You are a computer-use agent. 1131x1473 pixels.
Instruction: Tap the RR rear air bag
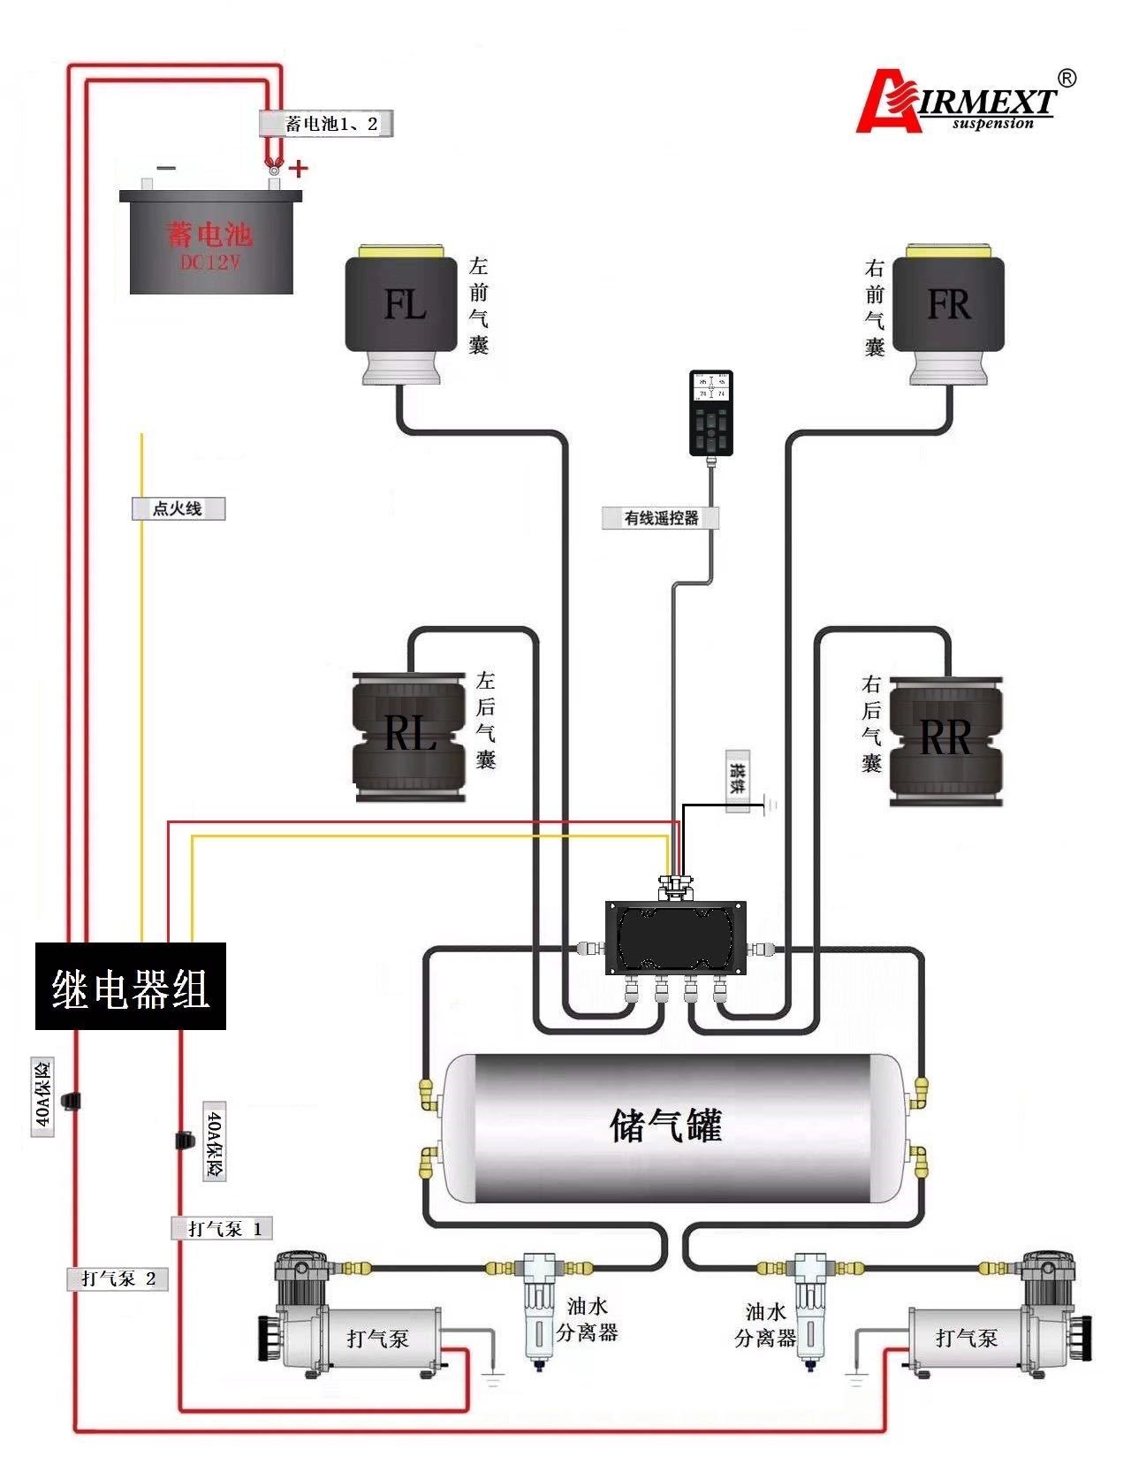point(945,739)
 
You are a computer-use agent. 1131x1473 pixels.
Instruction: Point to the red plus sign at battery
point(300,168)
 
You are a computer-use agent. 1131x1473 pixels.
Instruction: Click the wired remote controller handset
point(710,413)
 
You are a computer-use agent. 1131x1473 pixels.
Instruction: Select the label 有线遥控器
point(660,518)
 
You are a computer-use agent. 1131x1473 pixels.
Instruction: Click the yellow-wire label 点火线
point(178,508)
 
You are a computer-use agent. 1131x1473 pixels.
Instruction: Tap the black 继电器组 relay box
point(131,986)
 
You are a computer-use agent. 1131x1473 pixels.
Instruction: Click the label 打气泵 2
point(118,1278)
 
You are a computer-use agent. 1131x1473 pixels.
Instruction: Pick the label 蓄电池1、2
point(326,124)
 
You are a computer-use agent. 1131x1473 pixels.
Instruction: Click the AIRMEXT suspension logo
point(963,102)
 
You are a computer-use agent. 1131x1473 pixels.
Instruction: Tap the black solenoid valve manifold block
point(676,938)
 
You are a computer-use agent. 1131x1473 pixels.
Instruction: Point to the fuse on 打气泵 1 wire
point(185,1141)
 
